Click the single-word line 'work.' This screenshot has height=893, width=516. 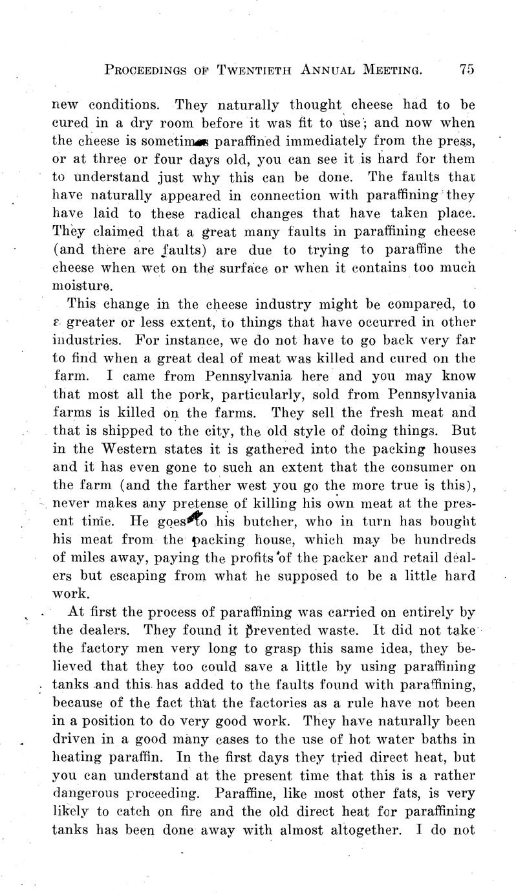click(68, 593)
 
